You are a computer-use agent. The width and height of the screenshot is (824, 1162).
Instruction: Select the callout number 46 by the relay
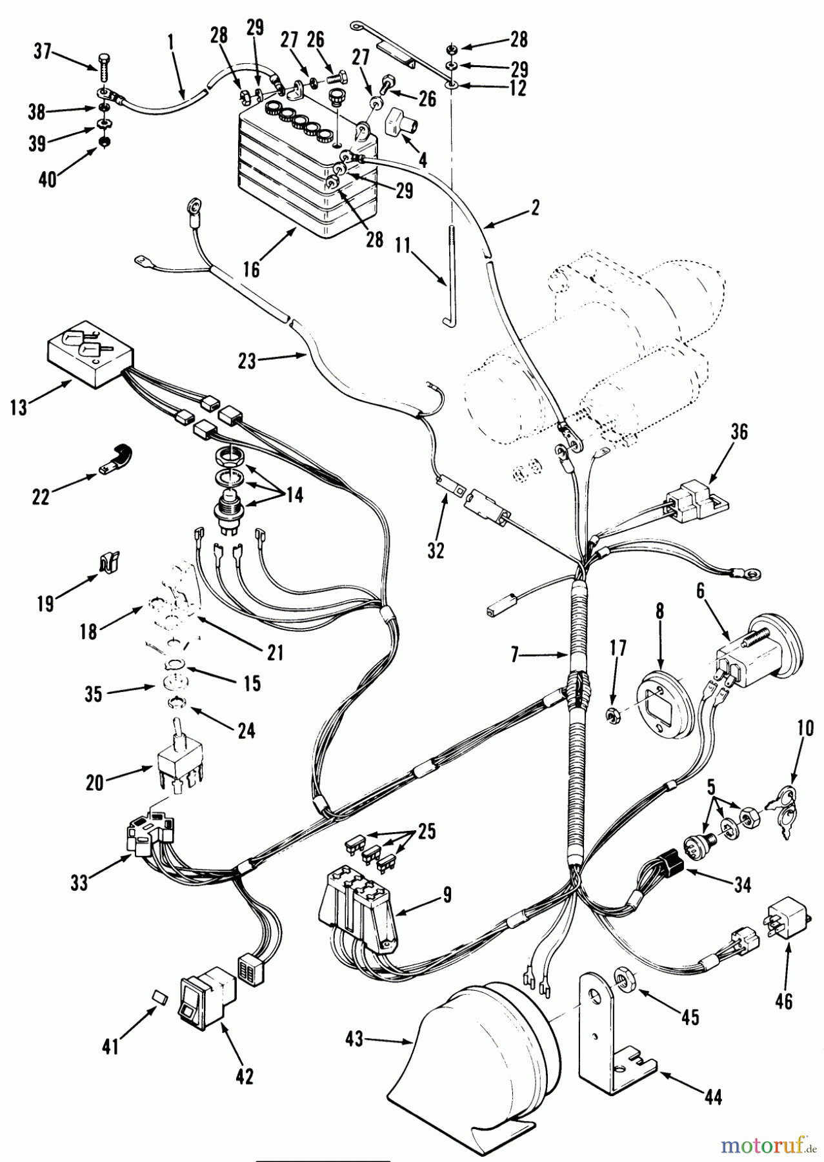[784, 1001]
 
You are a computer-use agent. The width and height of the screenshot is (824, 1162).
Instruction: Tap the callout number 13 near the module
[19, 407]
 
